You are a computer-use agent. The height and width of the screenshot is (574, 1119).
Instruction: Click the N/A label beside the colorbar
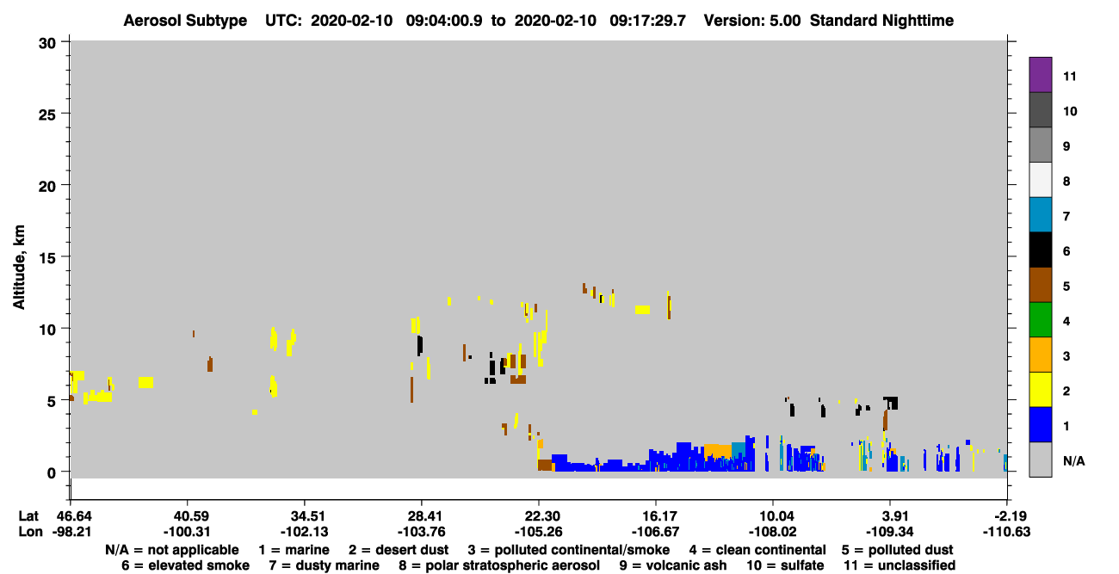1073,460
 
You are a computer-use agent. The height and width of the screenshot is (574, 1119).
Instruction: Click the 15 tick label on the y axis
47,258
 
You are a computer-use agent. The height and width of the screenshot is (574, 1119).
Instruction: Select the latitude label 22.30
539,516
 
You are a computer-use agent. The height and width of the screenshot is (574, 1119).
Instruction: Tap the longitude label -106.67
656,532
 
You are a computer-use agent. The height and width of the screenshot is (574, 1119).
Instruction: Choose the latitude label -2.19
1006,516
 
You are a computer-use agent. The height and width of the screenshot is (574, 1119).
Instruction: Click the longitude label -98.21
71,532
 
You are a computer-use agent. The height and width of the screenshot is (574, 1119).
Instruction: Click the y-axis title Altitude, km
19,268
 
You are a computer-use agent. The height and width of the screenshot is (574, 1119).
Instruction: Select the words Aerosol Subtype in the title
185,21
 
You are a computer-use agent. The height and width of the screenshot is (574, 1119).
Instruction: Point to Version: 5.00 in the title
752,21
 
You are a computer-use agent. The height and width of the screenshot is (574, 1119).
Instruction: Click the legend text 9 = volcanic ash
673,565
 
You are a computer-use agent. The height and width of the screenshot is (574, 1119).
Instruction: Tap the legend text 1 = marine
294,550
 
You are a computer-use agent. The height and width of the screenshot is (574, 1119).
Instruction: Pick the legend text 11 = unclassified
900,565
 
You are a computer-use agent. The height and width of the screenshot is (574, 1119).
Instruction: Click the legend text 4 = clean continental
757,550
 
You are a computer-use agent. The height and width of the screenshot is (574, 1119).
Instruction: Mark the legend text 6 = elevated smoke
185,565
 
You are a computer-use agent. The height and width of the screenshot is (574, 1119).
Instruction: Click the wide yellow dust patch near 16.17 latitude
642,310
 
